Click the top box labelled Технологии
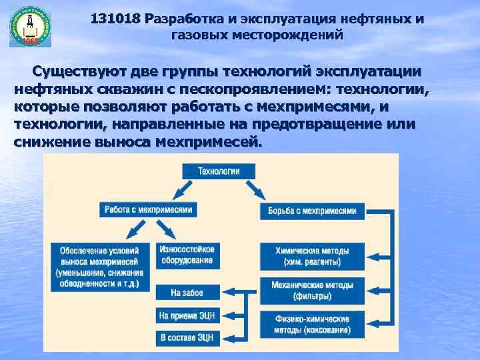pos(219,171)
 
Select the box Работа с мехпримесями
pos(149,209)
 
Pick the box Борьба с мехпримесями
pos(313,211)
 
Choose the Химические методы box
pos(312,255)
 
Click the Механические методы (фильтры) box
pos(312,288)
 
